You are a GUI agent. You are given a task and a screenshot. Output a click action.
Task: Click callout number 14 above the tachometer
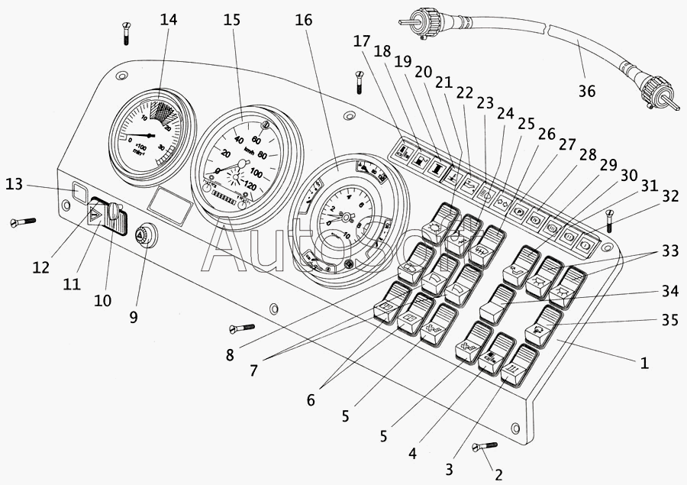(x=168, y=21)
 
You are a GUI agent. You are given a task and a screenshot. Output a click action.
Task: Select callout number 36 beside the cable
(x=585, y=92)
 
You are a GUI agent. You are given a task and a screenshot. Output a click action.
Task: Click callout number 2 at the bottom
(x=498, y=474)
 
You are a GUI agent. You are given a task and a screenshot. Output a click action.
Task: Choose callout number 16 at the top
(x=303, y=21)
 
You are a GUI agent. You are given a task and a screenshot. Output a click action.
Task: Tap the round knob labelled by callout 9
(x=143, y=236)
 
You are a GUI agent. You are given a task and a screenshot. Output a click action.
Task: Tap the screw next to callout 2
(x=484, y=446)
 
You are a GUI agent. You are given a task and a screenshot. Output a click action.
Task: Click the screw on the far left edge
(x=23, y=222)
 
